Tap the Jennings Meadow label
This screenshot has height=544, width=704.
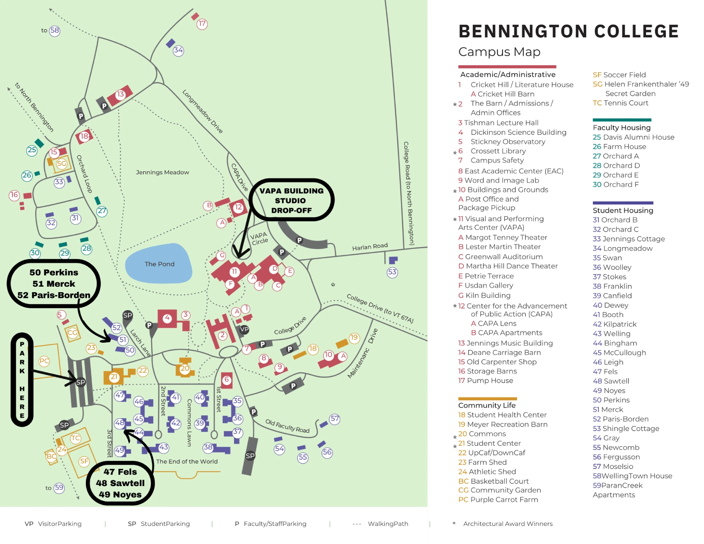pyautogui.click(x=162, y=172)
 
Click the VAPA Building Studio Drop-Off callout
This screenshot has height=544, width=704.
pyautogui.click(x=291, y=200)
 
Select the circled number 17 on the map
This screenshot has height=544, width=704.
pyautogui.click(x=202, y=24)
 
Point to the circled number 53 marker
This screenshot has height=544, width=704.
pyautogui.click(x=392, y=272)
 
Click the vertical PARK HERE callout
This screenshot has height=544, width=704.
pyautogui.click(x=22, y=379)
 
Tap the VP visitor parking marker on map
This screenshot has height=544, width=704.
pyautogui.click(x=244, y=329)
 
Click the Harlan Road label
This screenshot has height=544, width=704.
pyautogui.click(x=370, y=247)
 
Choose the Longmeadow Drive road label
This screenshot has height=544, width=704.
pyautogui.click(x=202, y=111)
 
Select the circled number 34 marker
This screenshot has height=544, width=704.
pyautogui.click(x=179, y=50)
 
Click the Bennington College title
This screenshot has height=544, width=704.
pyautogui.click(x=568, y=32)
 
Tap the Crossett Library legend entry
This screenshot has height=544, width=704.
pyautogui.click(x=498, y=151)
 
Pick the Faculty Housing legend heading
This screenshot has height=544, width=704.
pyautogui.click(x=621, y=128)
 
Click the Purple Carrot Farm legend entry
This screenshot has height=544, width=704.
pyautogui.click(x=504, y=500)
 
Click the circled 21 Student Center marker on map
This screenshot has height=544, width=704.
pyautogui.click(x=114, y=377)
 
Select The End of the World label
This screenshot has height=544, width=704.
pyautogui.click(x=187, y=462)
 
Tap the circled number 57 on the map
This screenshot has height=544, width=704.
pyautogui.click(x=335, y=419)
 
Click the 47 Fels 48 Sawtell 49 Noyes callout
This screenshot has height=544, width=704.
pyautogui.click(x=120, y=483)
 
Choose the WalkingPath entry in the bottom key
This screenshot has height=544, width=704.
pyautogui.click(x=388, y=524)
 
